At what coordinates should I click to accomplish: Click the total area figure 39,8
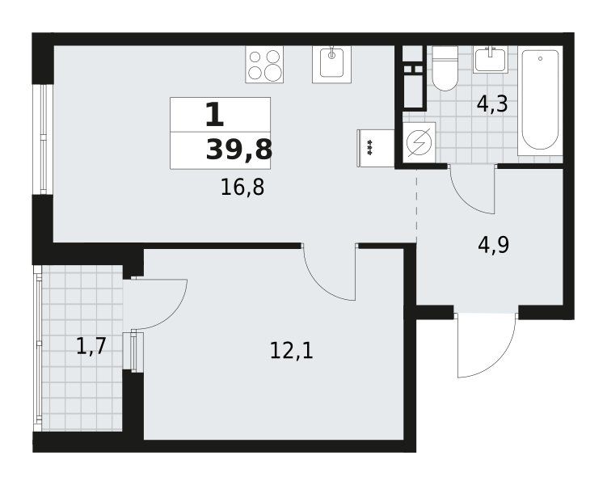point(239,150)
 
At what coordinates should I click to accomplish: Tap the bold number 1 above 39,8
point(214,115)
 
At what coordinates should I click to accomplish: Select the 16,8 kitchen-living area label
point(242,188)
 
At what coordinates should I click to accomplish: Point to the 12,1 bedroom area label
point(291,352)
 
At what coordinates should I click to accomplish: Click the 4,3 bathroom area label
point(492,103)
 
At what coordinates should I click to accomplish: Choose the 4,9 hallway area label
point(494,245)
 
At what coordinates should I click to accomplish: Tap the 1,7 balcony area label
point(91,346)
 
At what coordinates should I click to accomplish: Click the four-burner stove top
point(264,64)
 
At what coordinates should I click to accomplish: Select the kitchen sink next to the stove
point(331,64)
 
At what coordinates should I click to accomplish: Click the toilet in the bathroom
point(445,69)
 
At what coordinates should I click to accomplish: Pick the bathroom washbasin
point(491,59)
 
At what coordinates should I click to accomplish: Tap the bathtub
point(540,101)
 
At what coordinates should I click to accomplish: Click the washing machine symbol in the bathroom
point(419,142)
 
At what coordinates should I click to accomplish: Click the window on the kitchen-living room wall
point(42,139)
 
